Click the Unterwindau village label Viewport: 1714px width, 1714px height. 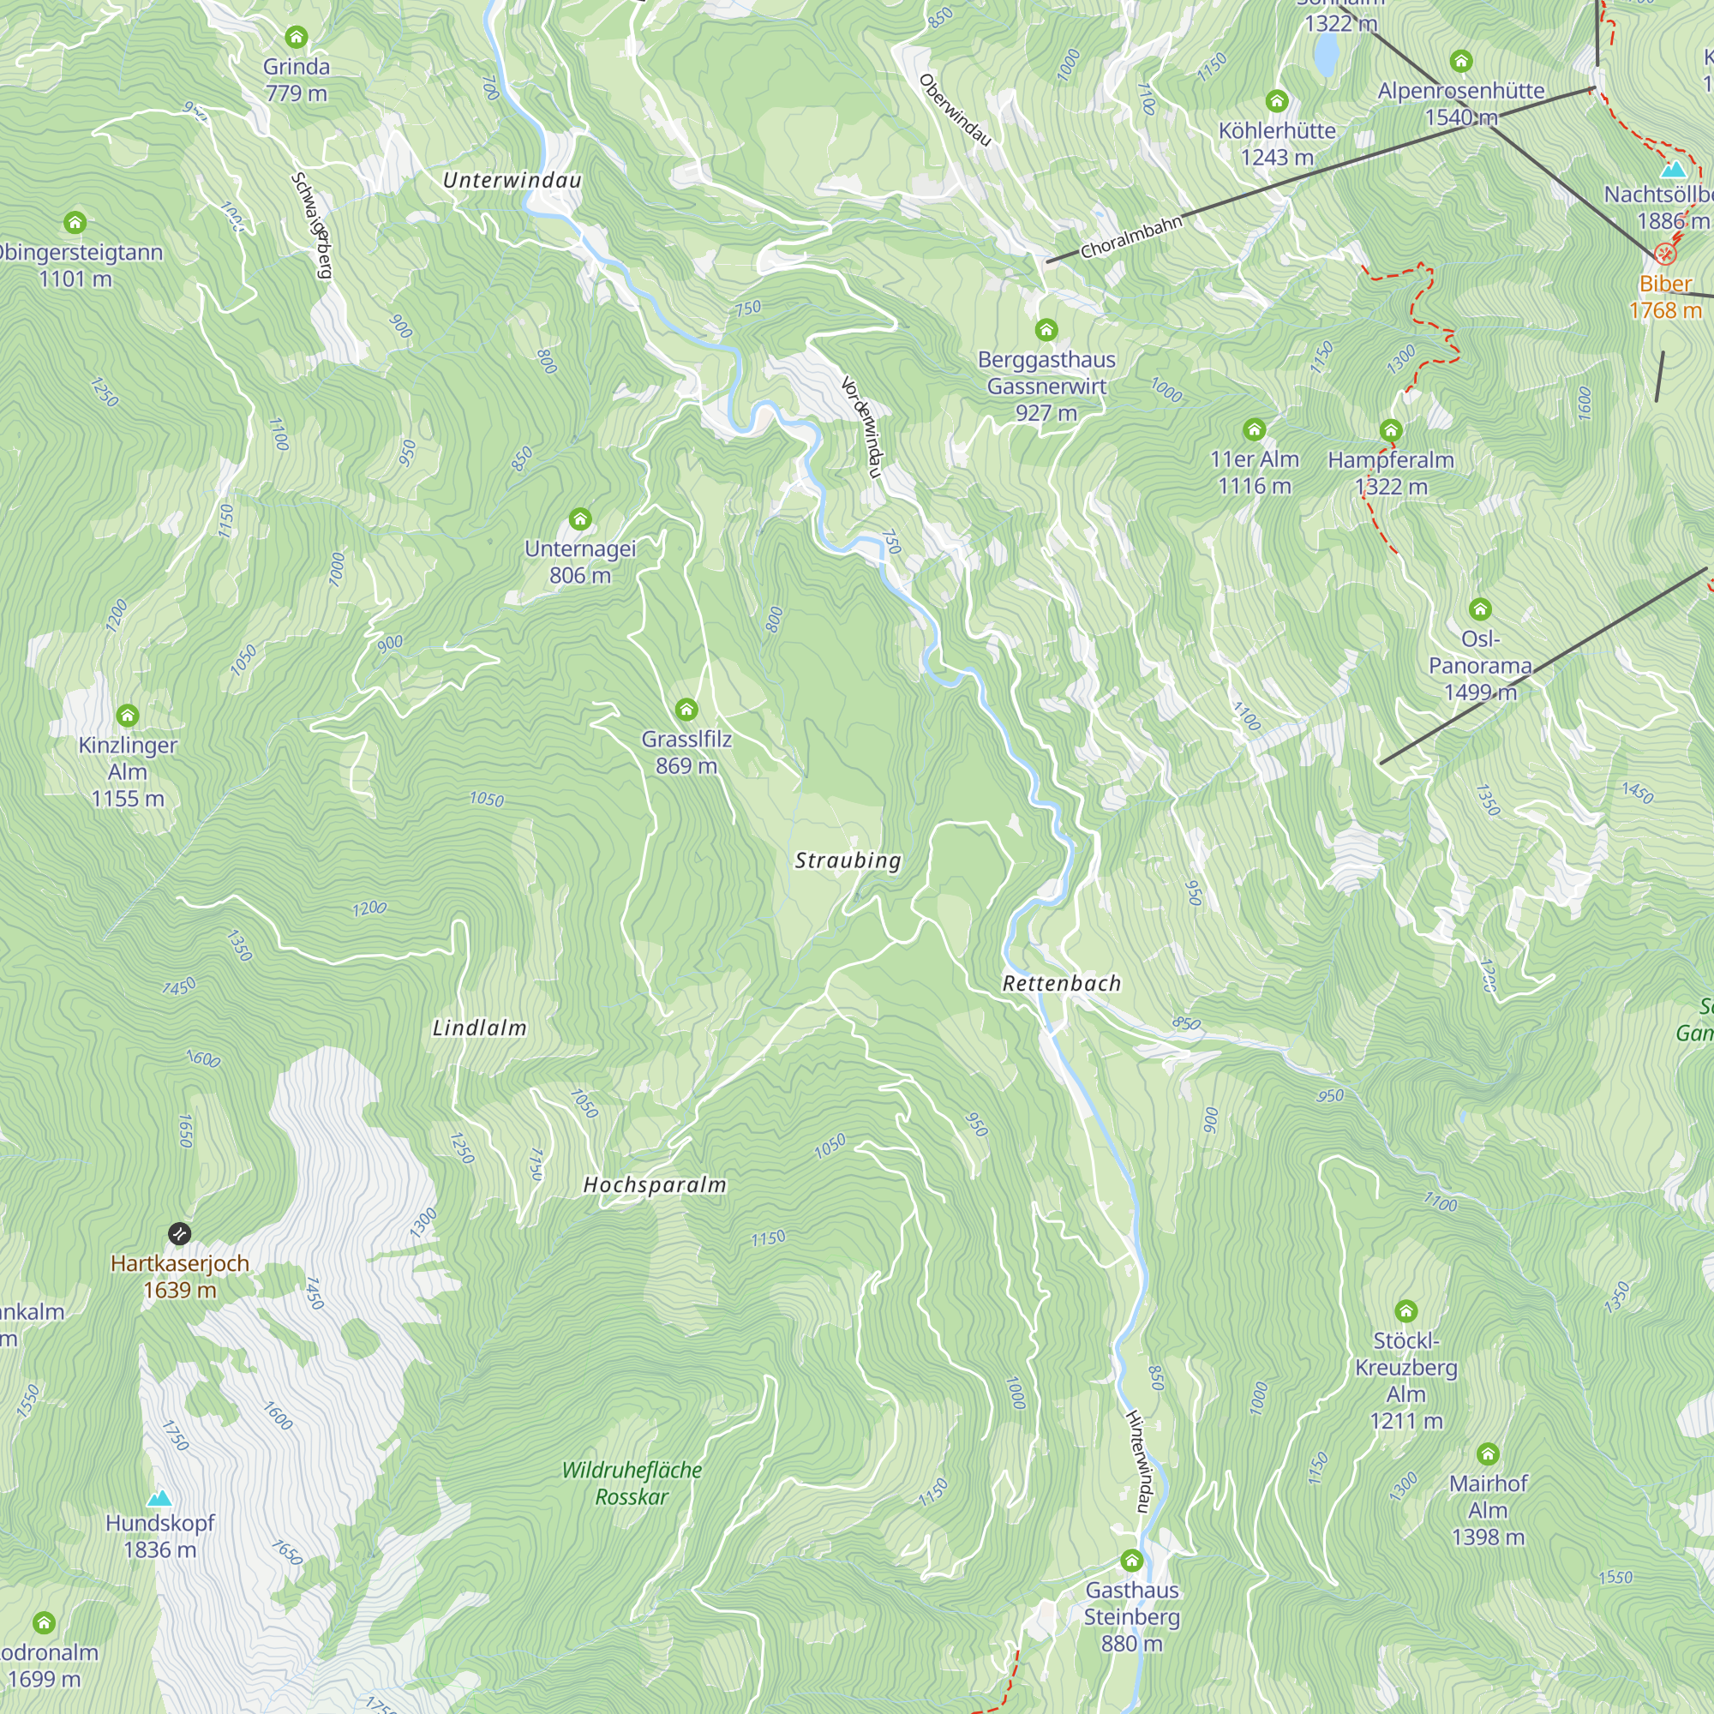(x=512, y=180)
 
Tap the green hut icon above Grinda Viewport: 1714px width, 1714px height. (x=297, y=37)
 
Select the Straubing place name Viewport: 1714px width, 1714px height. (x=848, y=860)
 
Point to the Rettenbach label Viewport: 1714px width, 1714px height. (x=1061, y=983)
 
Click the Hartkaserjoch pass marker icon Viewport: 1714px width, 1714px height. (x=179, y=1233)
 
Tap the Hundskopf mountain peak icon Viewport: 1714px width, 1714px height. (x=159, y=1499)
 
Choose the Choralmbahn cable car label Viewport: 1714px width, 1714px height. (x=1131, y=236)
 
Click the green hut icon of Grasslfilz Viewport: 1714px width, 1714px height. (x=686, y=709)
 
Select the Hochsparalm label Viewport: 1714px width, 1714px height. (x=655, y=1184)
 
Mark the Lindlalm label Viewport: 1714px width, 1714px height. (x=479, y=1028)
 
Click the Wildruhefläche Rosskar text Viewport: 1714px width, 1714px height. (x=632, y=1483)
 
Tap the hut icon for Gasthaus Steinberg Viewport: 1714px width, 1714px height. (x=1131, y=1561)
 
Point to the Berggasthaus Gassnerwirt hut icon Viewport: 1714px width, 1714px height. (x=1046, y=330)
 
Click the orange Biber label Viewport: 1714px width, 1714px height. (x=1665, y=284)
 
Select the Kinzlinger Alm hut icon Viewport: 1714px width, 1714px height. (x=128, y=715)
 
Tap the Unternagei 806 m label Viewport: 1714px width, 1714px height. (x=579, y=561)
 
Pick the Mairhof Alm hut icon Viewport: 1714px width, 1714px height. (x=1488, y=1454)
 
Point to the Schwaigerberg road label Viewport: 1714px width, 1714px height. (x=311, y=225)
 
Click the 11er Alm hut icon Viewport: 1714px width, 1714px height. (x=1254, y=430)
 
